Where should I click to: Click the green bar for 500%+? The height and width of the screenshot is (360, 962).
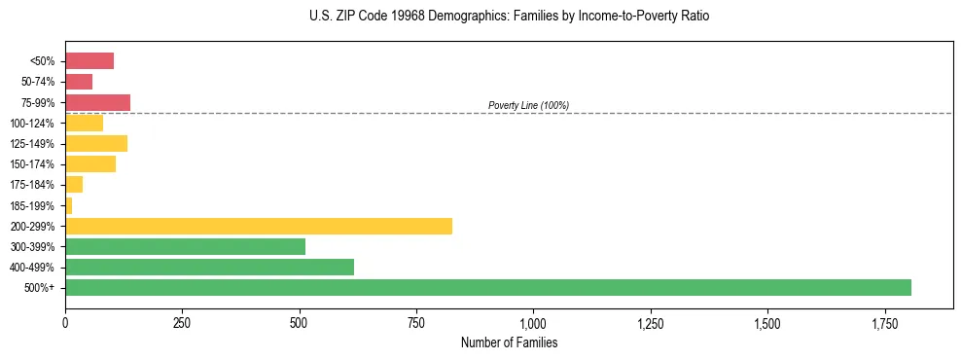[x=487, y=288]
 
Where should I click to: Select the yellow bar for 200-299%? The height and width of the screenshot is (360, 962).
[x=259, y=227]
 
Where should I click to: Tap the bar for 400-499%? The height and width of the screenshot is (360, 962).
[x=209, y=268]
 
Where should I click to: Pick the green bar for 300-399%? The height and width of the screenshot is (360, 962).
[x=185, y=247]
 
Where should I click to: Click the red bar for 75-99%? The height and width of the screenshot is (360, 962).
[x=97, y=102]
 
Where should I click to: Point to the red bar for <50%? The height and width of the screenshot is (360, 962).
[x=89, y=61]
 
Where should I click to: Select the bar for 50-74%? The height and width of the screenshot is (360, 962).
[x=79, y=82]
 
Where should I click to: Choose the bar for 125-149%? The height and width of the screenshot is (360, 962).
[x=96, y=144]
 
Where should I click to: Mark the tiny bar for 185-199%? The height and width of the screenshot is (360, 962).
[x=69, y=206]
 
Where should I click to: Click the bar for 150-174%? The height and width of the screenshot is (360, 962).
[x=90, y=164]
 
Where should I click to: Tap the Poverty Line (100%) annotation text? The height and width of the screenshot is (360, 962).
[x=528, y=105]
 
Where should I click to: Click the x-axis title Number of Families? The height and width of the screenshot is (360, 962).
[x=509, y=343]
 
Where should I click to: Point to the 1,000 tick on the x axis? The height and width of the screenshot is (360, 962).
[x=533, y=323]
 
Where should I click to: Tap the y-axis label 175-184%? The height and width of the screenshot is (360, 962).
[x=32, y=185]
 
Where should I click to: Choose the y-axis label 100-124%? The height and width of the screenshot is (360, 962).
[x=32, y=124]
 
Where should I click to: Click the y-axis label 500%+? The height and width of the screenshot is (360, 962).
[x=40, y=288]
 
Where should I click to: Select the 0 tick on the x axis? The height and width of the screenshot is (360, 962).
[x=65, y=323]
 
